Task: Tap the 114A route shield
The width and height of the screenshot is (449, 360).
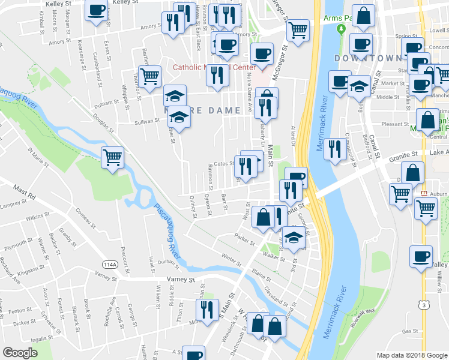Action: click(x=110, y=264)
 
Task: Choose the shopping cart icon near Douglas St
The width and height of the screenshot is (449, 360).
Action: click(x=112, y=157)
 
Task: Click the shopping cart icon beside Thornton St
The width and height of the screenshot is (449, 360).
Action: click(x=150, y=76)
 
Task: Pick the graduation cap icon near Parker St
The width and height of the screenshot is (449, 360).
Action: click(x=294, y=238)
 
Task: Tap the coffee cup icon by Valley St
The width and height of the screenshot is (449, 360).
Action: click(x=421, y=256)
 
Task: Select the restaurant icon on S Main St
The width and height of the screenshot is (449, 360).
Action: click(x=205, y=310)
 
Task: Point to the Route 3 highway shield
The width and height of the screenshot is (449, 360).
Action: click(x=424, y=306)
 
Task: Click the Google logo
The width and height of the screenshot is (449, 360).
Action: click(x=20, y=353)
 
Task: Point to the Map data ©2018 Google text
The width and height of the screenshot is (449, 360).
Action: click(x=411, y=355)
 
